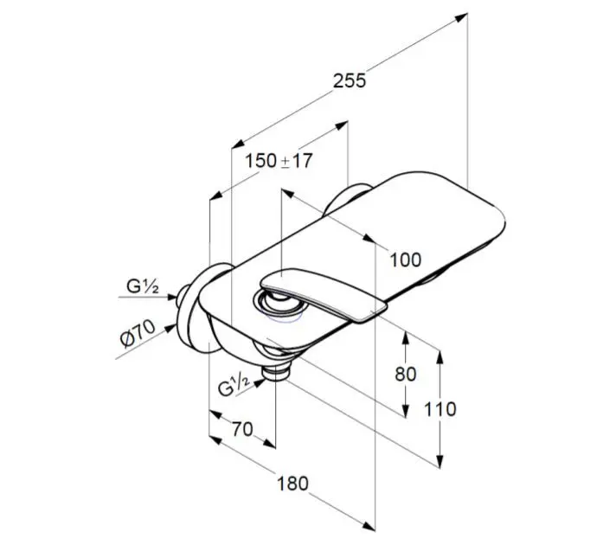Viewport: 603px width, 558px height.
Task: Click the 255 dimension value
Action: pyautogui.click(x=350, y=81)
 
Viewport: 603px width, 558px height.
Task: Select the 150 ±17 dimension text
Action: pyautogui.click(x=279, y=160)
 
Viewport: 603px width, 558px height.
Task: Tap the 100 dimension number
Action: pyautogui.click(x=406, y=260)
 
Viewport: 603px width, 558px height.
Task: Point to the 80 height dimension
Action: pyautogui.click(x=406, y=374)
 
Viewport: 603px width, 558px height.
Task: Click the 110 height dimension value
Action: pyautogui.click(x=440, y=409)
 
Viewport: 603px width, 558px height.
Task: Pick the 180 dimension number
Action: pyautogui.click(x=292, y=484)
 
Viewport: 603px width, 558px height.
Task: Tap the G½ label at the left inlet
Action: pyautogui.click(x=142, y=286)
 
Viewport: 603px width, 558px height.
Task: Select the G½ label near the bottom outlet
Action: pyautogui.click(x=234, y=385)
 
